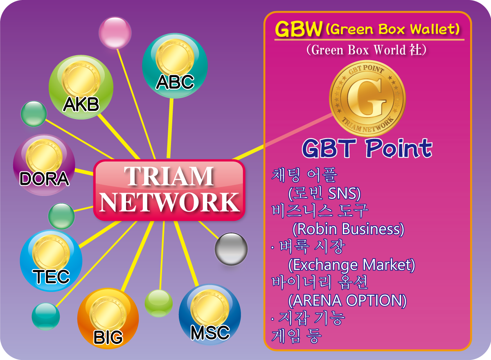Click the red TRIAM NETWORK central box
(169, 190)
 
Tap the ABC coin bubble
(175, 65)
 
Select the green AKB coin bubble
(81, 87)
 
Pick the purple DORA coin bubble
(44, 165)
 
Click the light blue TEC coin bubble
(51, 261)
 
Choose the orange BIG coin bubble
(108, 319)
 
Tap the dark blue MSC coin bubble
(210, 315)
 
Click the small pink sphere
(115, 33)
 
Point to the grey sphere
(231, 249)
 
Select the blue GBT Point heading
(367, 148)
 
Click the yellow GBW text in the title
(299, 29)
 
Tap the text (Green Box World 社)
(367, 50)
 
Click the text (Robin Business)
(348, 229)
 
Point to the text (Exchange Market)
(351, 265)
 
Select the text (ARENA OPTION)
(347, 300)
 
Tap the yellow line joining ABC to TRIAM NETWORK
(170, 128)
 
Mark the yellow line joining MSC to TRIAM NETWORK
(186, 253)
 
